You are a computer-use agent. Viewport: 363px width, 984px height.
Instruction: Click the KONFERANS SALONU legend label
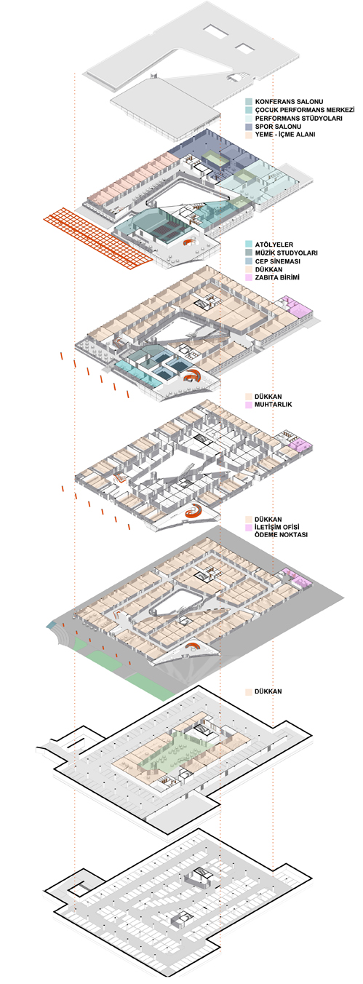pos(289,101)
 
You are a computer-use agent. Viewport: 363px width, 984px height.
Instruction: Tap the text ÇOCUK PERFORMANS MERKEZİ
pos(305,110)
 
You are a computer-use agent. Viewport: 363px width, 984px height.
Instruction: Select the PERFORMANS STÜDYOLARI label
pos(298,118)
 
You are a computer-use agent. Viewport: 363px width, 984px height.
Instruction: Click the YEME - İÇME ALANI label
pos(285,135)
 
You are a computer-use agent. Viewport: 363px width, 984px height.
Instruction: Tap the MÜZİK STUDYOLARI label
pos(286,253)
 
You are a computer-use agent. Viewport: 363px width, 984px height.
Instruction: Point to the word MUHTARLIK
pos(274,404)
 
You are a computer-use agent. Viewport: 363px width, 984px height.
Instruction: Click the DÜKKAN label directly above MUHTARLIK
pos(268,396)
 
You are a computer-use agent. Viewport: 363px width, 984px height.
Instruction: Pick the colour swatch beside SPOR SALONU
pos(249,127)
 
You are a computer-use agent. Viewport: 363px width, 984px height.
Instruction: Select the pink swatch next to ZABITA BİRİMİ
pos(249,277)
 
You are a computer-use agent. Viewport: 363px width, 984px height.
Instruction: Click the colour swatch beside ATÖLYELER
pos(249,245)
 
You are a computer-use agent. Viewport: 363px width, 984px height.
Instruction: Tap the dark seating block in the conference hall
pos(167,228)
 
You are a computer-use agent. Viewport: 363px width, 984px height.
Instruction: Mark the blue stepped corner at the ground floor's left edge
pos(52,625)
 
